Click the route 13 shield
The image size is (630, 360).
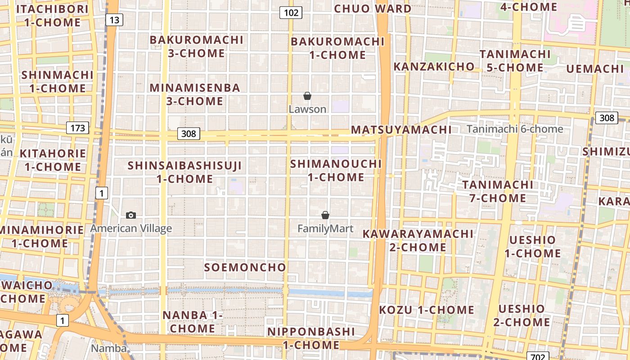pos(115,20)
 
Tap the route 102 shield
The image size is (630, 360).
pos(291,13)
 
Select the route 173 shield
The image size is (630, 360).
pos(78,128)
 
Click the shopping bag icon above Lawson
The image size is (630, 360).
pos(307,96)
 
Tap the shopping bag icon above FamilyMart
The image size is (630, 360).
pos(325,216)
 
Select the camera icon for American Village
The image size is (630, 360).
pos(131,215)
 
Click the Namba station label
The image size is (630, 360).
pos(108,348)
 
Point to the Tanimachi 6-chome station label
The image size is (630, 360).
pos(515,129)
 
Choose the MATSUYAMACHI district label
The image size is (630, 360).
pos(401,130)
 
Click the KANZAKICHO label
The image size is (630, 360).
pos(434,67)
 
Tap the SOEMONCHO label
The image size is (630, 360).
pos(245,267)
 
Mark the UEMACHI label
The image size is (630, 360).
pos(594,69)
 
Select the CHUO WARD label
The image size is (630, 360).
pos(373,9)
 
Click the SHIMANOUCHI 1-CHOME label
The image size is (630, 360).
pos(336,171)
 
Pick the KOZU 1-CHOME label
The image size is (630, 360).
pos(426,310)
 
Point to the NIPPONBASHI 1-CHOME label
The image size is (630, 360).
pos(311,338)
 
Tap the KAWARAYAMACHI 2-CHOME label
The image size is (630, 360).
pos(418,240)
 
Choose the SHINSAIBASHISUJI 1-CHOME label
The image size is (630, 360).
pos(185,172)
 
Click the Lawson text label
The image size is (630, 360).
pos(307,109)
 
